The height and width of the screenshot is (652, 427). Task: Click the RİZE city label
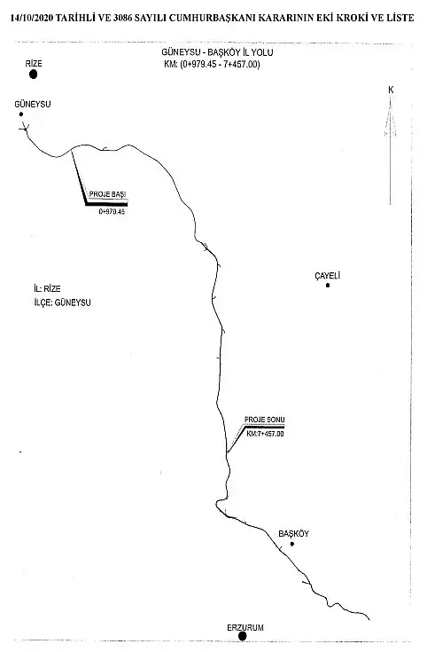click(34, 64)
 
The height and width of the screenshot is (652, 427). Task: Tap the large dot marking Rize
click(34, 75)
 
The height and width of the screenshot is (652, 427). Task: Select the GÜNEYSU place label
click(33, 105)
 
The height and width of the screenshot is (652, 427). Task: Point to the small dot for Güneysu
click(20, 114)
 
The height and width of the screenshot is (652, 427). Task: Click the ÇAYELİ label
click(328, 276)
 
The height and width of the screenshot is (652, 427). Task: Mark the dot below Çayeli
click(328, 286)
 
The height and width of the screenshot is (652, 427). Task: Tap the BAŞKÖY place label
click(293, 534)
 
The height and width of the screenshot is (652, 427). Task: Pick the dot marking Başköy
click(292, 544)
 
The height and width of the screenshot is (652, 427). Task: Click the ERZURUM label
click(245, 628)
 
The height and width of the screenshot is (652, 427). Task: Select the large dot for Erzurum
click(242, 637)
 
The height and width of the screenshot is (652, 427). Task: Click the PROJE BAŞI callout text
click(107, 194)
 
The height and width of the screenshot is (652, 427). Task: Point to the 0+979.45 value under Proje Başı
click(112, 212)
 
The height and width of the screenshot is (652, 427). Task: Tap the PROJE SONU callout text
click(265, 420)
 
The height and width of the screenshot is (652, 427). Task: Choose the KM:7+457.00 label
click(266, 434)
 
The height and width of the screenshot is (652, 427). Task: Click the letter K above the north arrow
click(391, 90)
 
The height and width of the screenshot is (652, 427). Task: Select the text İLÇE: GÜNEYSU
click(62, 302)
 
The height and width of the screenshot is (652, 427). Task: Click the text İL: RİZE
click(47, 288)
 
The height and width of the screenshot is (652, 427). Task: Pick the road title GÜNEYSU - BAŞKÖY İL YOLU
click(217, 53)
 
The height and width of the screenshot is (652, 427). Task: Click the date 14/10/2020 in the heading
click(32, 18)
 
